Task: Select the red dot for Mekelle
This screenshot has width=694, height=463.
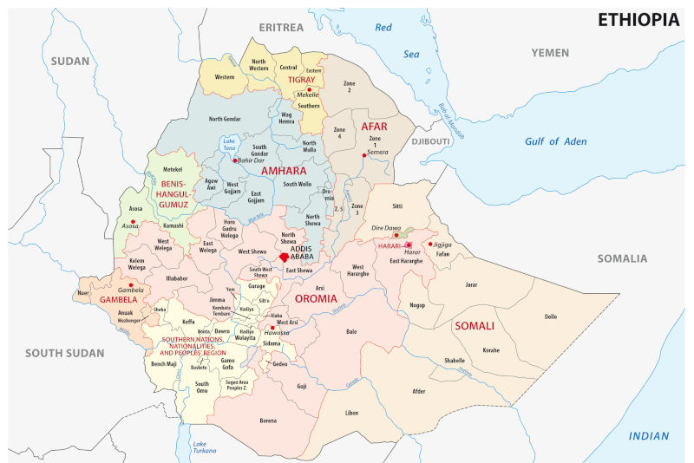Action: click(x=309, y=89)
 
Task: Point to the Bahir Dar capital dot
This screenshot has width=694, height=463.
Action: click(x=223, y=160)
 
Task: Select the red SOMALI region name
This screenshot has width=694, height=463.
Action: click(x=474, y=326)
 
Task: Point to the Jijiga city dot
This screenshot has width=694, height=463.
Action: click(x=429, y=245)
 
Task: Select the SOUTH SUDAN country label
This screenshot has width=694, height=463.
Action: click(x=64, y=353)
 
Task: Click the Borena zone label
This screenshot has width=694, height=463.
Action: click(x=268, y=421)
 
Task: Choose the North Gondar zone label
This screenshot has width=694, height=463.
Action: click(x=226, y=119)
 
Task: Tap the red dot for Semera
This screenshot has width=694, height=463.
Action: click(x=364, y=153)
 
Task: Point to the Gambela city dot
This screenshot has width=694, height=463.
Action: click(x=130, y=284)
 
